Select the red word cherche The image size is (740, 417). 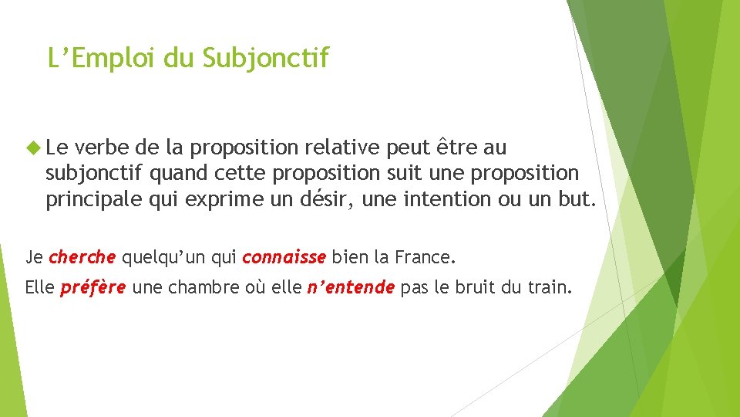click(x=82, y=257)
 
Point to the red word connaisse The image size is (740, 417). click(x=285, y=257)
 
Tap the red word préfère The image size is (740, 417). click(x=92, y=289)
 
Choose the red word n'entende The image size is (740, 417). click(x=351, y=289)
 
